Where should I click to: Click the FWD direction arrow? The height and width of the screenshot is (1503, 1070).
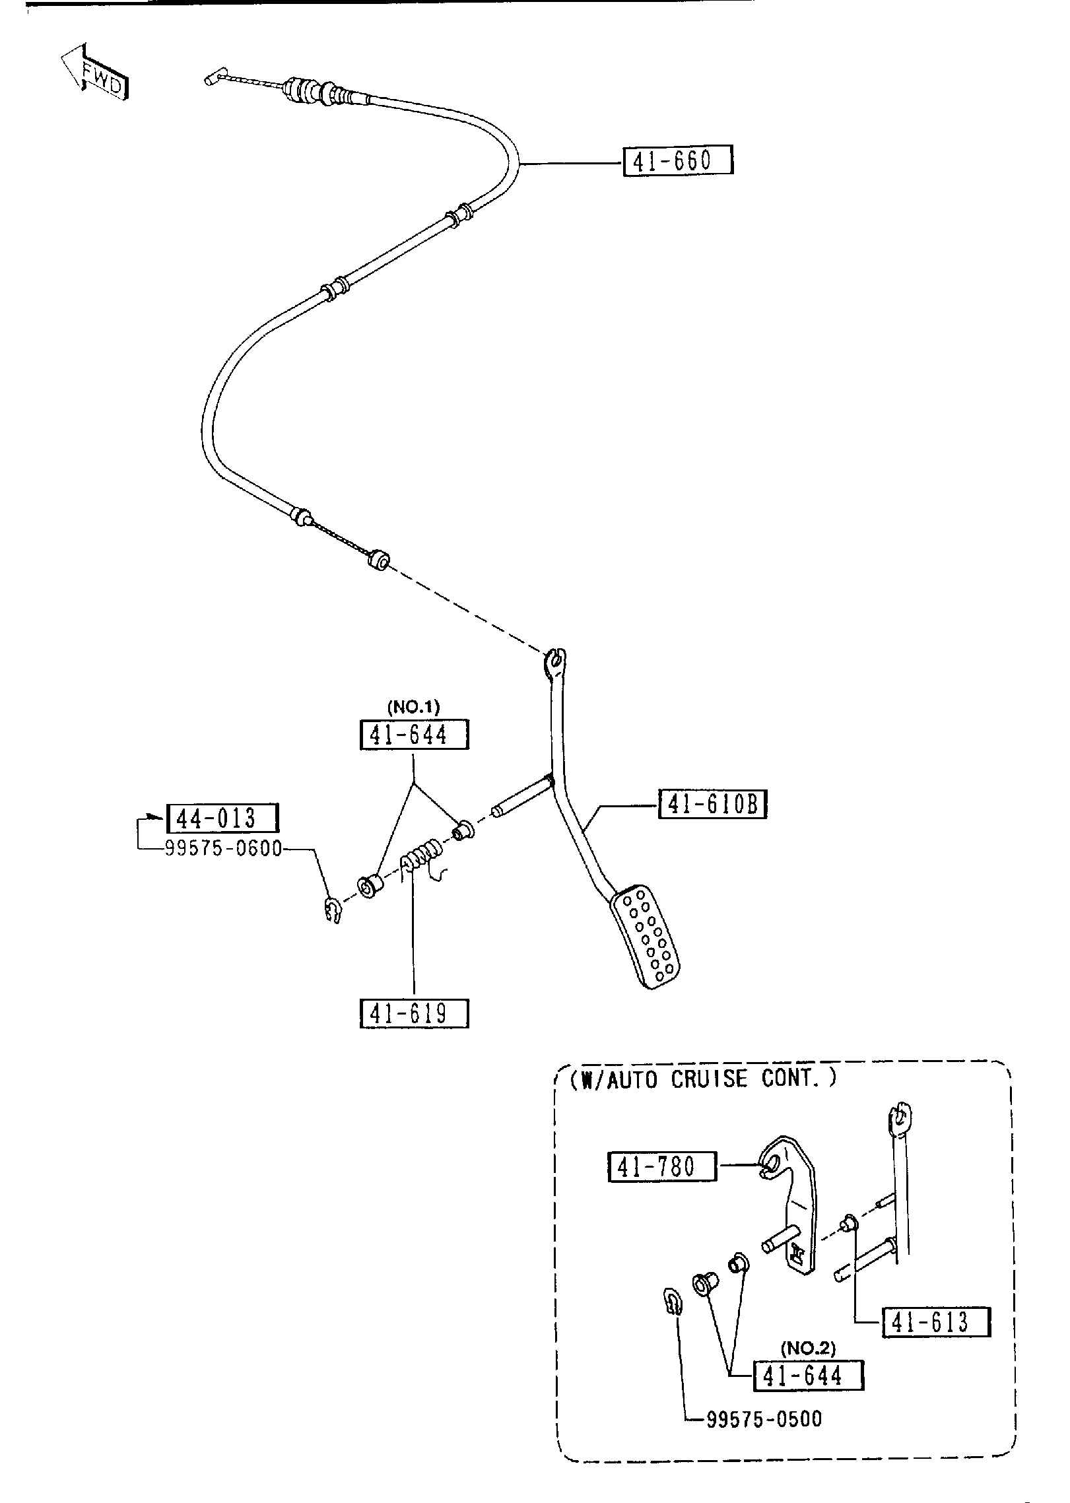point(94,73)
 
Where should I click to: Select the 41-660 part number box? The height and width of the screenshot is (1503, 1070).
point(677,161)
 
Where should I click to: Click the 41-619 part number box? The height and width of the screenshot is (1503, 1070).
point(414,1014)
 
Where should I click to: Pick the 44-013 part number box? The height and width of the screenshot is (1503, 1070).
point(222,818)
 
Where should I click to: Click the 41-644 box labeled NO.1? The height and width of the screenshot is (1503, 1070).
point(414,735)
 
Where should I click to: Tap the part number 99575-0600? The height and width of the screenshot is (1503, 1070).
point(223,849)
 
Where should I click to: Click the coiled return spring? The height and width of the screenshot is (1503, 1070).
point(422,856)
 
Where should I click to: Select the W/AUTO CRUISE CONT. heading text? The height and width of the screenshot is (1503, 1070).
point(703,1079)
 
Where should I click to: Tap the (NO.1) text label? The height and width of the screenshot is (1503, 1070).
point(413,707)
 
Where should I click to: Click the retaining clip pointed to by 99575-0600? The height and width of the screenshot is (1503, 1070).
point(333,910)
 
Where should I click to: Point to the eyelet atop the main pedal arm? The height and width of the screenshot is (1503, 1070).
point(555,661)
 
